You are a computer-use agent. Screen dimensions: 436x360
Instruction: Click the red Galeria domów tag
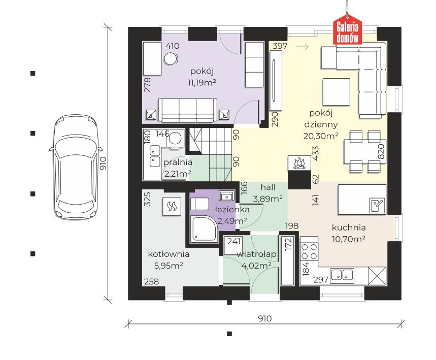(348, 31)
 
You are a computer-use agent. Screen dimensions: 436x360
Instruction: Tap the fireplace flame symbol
(299, 163)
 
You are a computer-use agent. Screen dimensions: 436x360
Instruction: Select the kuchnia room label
(349, 227)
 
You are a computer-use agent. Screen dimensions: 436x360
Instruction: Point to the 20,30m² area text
(321, 136)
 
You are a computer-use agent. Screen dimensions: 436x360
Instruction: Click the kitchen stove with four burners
(309, 251)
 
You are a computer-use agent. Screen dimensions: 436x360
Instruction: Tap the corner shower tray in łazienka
(205, 228)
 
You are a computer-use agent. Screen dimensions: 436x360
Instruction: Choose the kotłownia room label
(169, 254)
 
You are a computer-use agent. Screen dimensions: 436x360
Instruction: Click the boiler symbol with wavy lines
(172, 206)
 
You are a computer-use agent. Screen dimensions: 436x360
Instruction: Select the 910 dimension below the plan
(264, 318)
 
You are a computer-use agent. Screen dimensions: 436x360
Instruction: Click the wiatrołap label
(256, 254)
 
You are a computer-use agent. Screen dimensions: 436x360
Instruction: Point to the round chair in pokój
(171, 59)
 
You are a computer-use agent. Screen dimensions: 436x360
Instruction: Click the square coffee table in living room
(336, 92)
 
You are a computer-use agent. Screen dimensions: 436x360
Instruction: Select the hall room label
(268, 187)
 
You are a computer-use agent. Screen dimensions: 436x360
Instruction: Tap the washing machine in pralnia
(175, 138)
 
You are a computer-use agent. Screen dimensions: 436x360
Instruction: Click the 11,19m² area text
(202, 82)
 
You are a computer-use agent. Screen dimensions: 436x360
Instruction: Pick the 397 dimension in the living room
(280, 46)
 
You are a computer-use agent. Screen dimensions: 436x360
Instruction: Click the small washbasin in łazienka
(226, 196)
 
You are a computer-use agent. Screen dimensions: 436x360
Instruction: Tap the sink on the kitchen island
(377, 205)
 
